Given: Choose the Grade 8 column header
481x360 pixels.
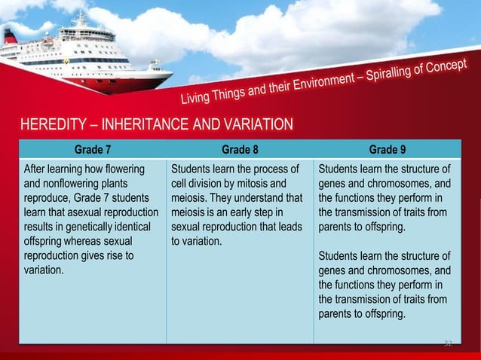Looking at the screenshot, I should (239, 148).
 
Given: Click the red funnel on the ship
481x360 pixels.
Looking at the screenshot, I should (11, 36).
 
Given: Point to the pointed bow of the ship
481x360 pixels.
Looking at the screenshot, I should (170, 74).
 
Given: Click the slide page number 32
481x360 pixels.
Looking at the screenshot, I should (447, 343).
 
